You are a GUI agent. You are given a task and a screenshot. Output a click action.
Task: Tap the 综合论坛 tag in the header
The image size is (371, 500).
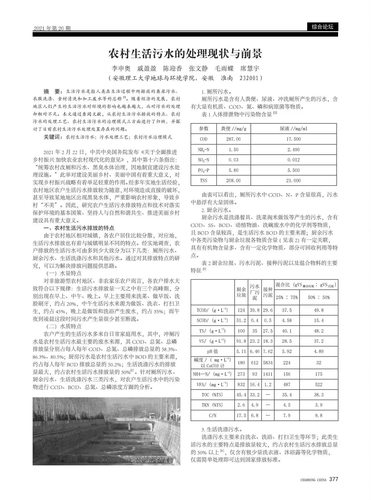[322, 27]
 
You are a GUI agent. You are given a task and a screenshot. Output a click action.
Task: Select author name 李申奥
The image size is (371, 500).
[121, 68]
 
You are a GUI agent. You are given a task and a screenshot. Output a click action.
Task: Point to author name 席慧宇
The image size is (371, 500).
[250, 68]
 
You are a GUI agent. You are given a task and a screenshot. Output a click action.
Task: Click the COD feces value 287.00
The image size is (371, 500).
[233, 139]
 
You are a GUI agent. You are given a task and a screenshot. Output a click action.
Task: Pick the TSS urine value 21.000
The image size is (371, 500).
[294, 180]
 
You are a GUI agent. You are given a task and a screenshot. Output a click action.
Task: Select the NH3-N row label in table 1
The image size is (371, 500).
[204, 150]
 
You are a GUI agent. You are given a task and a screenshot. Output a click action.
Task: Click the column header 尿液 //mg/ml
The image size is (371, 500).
[294, 129]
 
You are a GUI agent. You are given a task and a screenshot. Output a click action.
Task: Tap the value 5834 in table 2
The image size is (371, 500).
[268, 362]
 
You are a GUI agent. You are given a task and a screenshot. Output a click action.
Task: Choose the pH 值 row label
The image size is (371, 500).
[212, 351]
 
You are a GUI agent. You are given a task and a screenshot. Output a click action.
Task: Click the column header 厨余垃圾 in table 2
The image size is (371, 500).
[241, 292]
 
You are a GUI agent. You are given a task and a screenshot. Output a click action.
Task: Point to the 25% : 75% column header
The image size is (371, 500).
[287, 297]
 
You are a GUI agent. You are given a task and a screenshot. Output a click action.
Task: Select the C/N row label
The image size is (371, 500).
[212, 415]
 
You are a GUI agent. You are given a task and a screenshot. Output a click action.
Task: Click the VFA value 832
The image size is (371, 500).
[241, 384]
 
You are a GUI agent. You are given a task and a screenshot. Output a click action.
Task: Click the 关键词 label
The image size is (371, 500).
[53, 137]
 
